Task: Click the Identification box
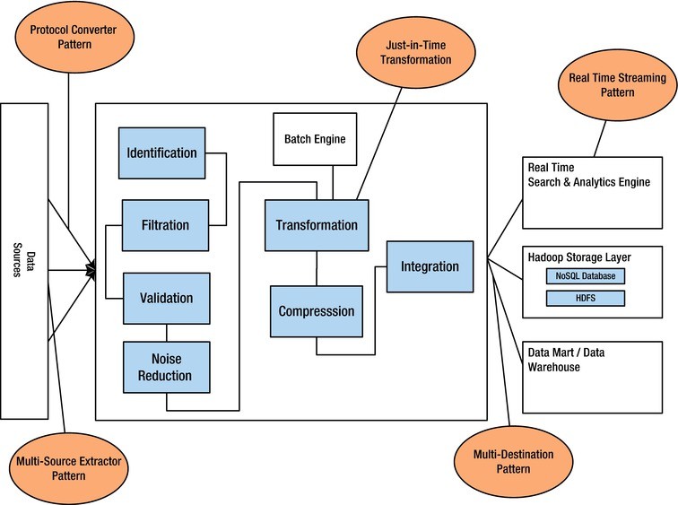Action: coord(162,152)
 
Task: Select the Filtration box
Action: coord(165,224)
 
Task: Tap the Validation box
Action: coord(166,297)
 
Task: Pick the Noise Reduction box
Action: coord(166,367)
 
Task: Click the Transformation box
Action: coord(316,225)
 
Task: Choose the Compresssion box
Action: coord(316,311)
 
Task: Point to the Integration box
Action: coord(430,266)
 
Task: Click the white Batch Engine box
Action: coord(314,139)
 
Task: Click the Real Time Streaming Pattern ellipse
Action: coord(617,85)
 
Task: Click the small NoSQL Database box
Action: coord(586,276)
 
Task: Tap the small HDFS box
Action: coord(586,298)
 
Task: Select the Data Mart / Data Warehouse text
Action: coord(565,360)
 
